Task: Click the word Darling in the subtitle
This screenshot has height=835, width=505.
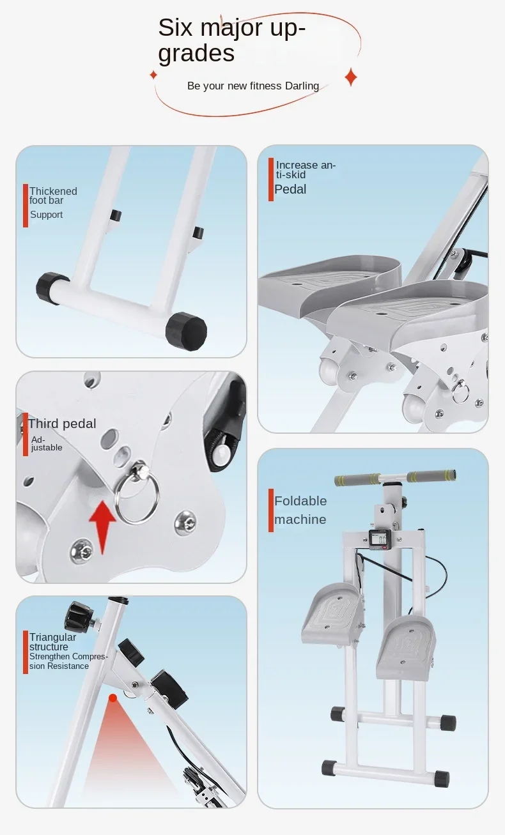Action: (302, 86)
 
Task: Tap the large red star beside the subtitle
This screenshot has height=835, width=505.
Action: (350, 77)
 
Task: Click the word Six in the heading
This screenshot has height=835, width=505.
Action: (175, 28)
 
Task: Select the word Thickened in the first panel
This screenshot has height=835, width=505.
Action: (53, 191)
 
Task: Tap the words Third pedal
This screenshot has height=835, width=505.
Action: (62, 424)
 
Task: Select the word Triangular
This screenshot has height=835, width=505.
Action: (52, 637)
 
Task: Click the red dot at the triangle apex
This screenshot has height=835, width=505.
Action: (113, 698)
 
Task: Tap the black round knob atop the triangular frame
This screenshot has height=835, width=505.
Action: (79, 615)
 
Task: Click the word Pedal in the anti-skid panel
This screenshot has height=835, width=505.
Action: (290, 189)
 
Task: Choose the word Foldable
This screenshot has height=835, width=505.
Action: (300, 501)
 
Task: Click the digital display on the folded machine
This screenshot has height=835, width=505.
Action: (382, 540)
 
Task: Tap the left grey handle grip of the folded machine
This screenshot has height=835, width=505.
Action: (357, 480)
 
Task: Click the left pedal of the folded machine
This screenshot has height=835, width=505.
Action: (332, 613)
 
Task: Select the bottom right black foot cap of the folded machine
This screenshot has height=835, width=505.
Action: (441, 779)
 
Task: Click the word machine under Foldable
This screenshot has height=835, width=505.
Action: (300, 519)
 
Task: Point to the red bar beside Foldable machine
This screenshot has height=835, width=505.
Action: (271, 510)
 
